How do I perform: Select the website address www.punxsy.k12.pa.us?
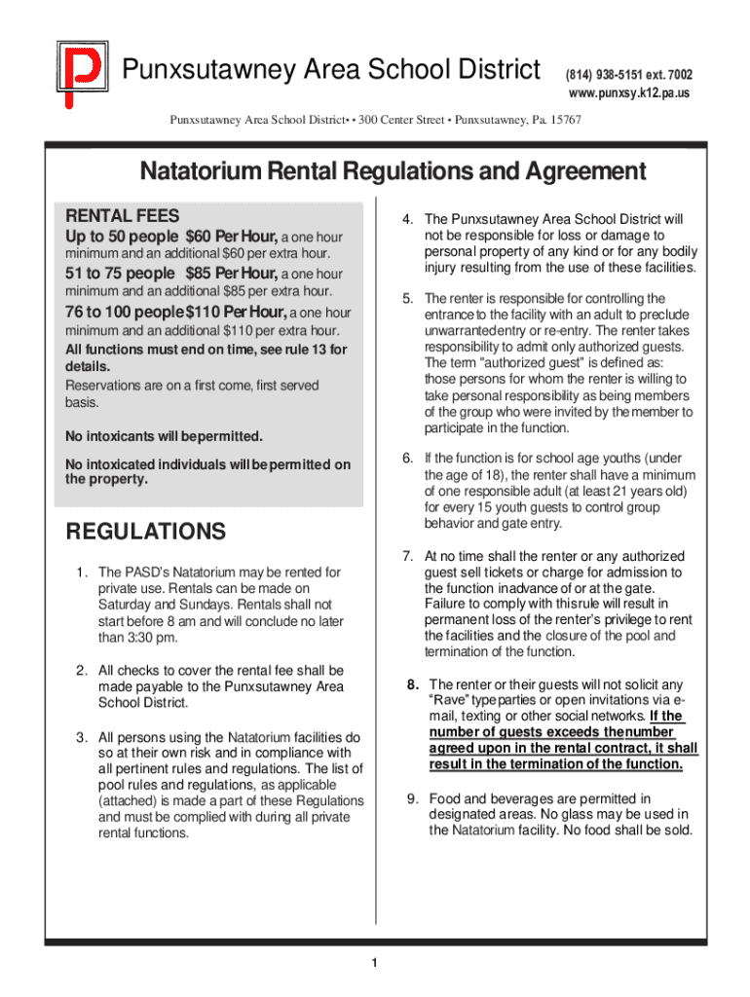pos(629,93)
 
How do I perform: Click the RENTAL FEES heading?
pos(122,215)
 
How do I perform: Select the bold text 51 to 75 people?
pos(120,274)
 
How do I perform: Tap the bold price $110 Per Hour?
pos(237,312)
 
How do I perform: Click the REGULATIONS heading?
pos(144,533)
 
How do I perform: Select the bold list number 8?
pos(413,684)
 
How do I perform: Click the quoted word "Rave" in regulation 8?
pos(449,701)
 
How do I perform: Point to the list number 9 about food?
pos(413,799)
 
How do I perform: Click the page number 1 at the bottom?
pos(374,964)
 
